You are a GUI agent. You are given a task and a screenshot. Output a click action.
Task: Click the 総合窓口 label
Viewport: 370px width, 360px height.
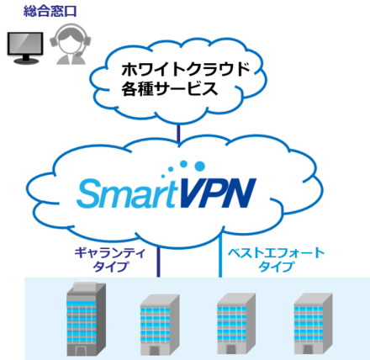click(x=50, y=11)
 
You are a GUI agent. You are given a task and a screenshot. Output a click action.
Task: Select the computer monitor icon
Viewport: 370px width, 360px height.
click(x=25, y=48)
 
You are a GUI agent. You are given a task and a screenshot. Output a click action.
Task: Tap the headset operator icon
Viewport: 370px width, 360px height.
click(x=70, y=44)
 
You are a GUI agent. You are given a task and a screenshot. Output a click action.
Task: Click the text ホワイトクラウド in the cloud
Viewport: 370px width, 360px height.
click(x=186, y=69)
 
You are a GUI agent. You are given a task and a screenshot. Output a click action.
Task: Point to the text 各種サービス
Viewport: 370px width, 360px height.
click(x=170, y=88)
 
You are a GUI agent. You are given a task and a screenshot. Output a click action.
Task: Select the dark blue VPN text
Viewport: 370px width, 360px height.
click(x=217, y=193)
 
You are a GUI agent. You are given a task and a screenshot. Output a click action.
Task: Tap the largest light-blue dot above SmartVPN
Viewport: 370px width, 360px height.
click(x=199, y=166)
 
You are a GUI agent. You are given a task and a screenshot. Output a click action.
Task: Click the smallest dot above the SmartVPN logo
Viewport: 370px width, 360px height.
click(x=163, y=176)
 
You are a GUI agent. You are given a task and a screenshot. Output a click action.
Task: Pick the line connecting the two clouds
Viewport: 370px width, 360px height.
click(x=178, y=134)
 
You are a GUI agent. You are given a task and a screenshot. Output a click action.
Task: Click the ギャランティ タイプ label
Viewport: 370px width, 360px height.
click(x=110, y=260)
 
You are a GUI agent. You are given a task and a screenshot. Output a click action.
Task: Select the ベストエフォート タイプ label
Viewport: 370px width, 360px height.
click(x=276, y=260)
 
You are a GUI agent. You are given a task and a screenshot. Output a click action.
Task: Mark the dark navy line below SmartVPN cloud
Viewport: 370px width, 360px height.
click(x=158, y=262)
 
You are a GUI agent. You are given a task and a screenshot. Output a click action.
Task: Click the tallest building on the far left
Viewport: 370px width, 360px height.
click(x=86, y=319)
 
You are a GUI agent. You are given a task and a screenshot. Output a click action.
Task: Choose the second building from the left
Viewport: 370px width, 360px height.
click(x=160, y=325)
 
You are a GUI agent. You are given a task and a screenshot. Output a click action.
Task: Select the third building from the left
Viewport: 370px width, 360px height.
click(x=236, y=323)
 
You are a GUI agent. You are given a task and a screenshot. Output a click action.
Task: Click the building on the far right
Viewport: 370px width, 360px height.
click(x=313, y=323)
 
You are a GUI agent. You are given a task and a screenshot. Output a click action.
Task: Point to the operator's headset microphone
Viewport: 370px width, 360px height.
click(x=79, y=53)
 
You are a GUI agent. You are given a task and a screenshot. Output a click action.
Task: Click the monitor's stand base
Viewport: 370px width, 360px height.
click(x=26, y=61)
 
